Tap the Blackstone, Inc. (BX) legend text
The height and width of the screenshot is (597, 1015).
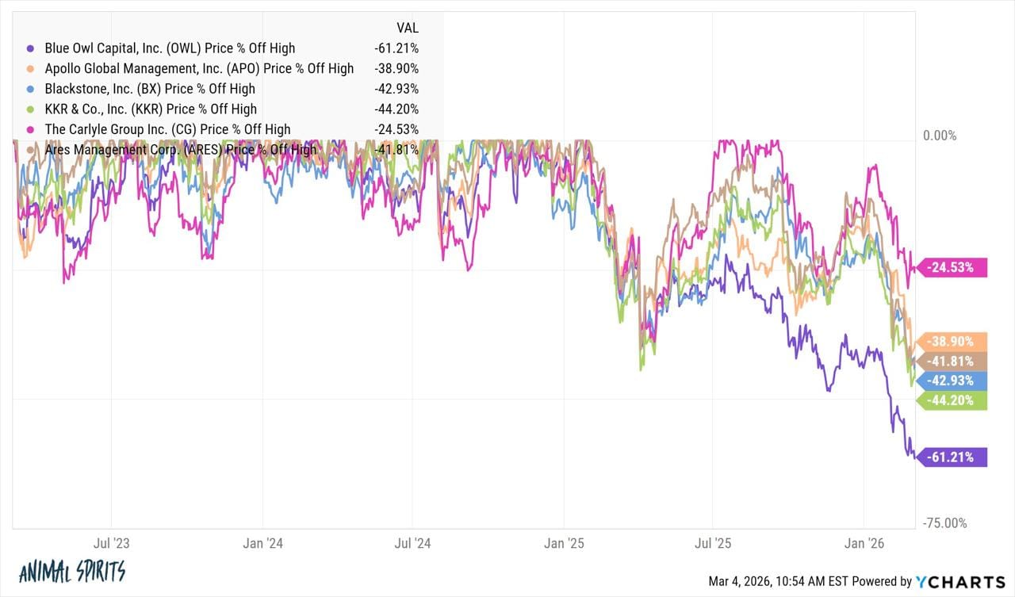[x=151, y=89]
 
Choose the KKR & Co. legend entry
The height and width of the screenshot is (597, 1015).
[x=151, y=109]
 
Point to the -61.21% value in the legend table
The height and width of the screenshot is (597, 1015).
[x=396, y=48]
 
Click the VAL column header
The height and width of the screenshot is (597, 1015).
[x=407, y=27]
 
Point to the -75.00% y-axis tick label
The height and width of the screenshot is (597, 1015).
[x=944, y=522]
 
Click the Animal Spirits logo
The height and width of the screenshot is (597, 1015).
[x=71, y=571]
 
